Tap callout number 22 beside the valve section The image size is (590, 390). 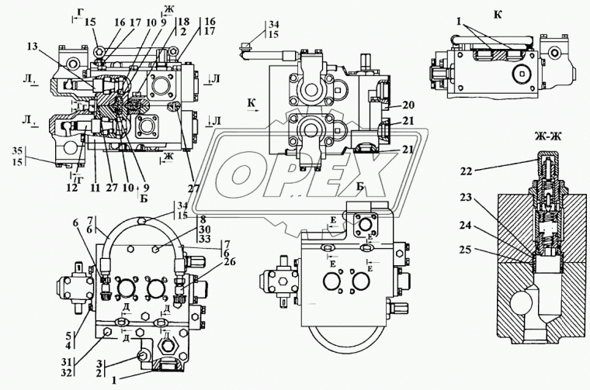pos(464,171)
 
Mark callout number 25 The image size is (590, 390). pos(464,250)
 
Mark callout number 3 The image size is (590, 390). pos(99,364)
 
